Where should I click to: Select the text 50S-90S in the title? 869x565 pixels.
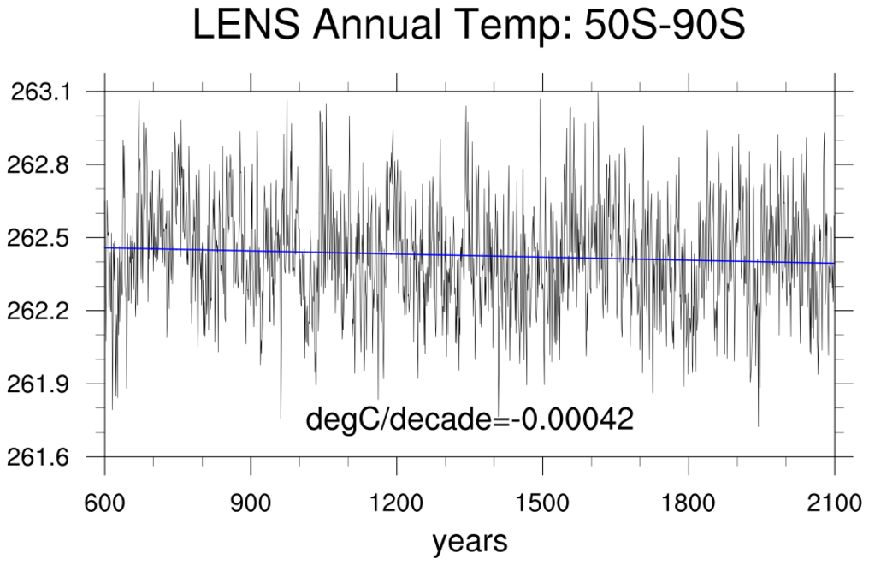coord(665,26)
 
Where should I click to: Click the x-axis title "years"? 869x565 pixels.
coord(470,542)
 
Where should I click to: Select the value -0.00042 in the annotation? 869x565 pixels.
coord(576,419)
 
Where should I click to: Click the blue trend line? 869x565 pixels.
coord(470,255)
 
